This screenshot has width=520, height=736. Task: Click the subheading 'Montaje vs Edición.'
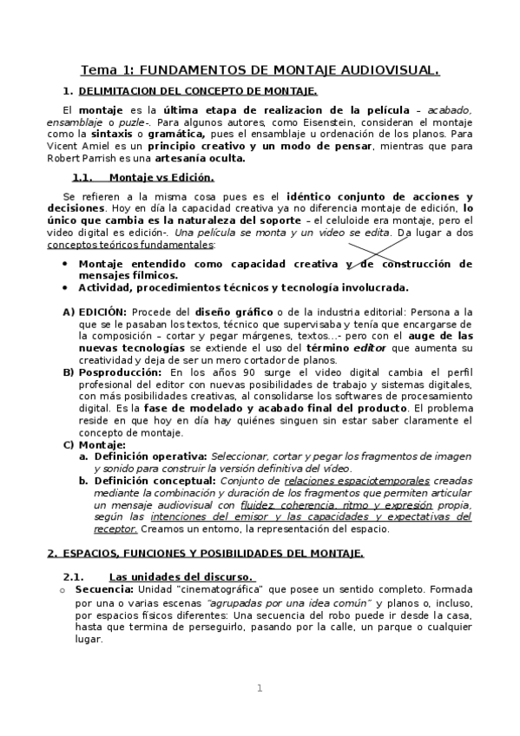(x=168, y=178)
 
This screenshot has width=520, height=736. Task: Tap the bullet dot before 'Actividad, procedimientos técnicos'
(x=65, y=287)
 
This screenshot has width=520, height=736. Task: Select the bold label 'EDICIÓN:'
(x=102, y=311)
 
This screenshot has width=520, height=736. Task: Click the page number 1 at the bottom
(x=259, y=688)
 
